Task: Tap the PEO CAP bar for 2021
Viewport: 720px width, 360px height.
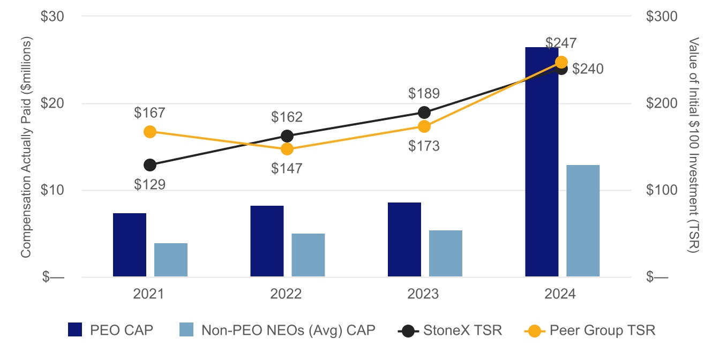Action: (x=130, y=245)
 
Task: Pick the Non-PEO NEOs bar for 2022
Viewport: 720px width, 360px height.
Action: (x=308, y=255)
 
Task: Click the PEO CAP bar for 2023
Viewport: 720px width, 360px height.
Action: (x=404, y=239)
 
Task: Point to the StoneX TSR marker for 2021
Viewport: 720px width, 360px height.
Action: (x=150, y=165)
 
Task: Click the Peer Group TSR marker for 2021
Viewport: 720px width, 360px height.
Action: (x=150, y=132)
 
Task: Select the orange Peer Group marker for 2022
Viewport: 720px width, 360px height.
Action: (x=287, y=149)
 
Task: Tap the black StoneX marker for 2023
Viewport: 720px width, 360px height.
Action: (x=424, y=112)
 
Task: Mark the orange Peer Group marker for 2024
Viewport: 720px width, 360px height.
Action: (x=561, y=62)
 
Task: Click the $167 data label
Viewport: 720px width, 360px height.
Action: (x=149, y=113)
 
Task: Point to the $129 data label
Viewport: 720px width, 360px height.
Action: (x=149, y=185)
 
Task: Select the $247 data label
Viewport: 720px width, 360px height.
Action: (x=561, y=43)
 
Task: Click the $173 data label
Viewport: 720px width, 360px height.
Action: (x=424, y=146)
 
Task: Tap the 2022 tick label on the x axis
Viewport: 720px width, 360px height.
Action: (x=287, y=294)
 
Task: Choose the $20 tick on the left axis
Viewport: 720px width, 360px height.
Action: (x=52, y=103)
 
